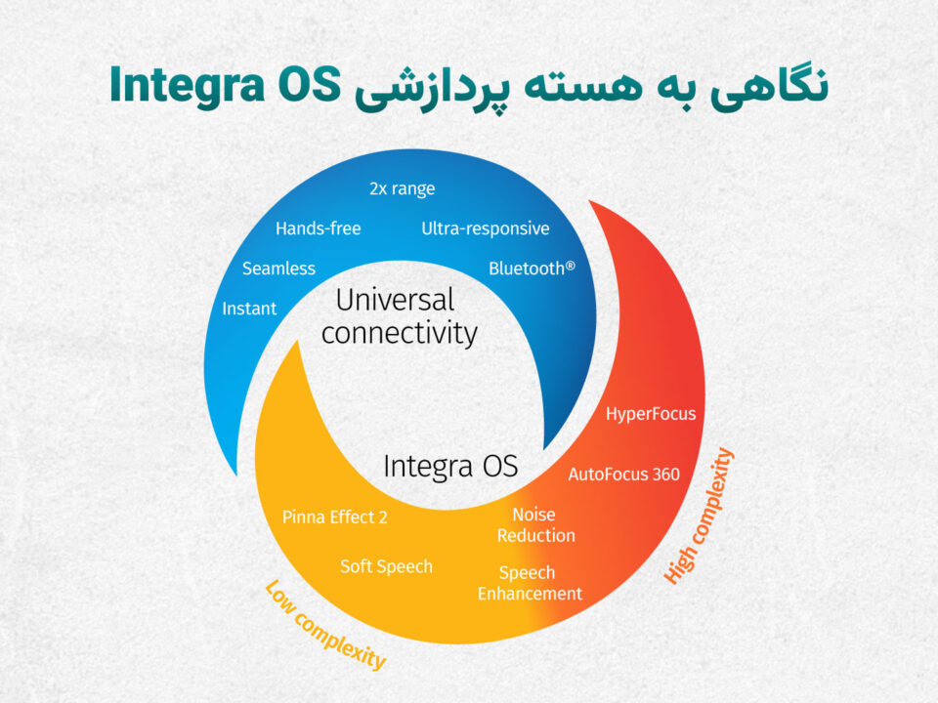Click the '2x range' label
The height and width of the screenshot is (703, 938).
(x=402, y=188)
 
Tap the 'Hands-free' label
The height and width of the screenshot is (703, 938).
(x=319, y=228)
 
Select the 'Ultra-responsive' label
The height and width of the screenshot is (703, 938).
(x=486, y=228)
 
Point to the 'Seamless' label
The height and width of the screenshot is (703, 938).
(x=278, y=269)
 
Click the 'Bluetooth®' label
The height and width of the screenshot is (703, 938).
(x=532, y=269)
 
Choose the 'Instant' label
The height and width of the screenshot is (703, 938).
(x=249, y=309)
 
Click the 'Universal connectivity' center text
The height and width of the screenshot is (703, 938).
(x=399, y=316)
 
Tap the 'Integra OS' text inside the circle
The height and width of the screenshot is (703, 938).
(x=450, y=467)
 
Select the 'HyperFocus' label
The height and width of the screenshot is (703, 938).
(x=651, y=414)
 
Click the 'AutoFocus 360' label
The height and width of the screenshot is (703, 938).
(x=624, y=475)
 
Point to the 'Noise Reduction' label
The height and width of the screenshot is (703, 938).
(x=536, y=525)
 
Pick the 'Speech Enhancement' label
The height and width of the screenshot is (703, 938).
(x=530, y=583)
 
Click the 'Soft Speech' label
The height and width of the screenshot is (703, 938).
(x=387, y=566)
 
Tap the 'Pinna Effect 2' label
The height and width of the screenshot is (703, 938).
(x=335, y=517)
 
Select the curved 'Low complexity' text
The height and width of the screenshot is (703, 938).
(x=325, y=625)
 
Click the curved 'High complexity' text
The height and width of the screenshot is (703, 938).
(x=699, y=516)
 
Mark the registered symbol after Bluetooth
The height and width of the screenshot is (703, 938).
(x=571, y=265)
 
